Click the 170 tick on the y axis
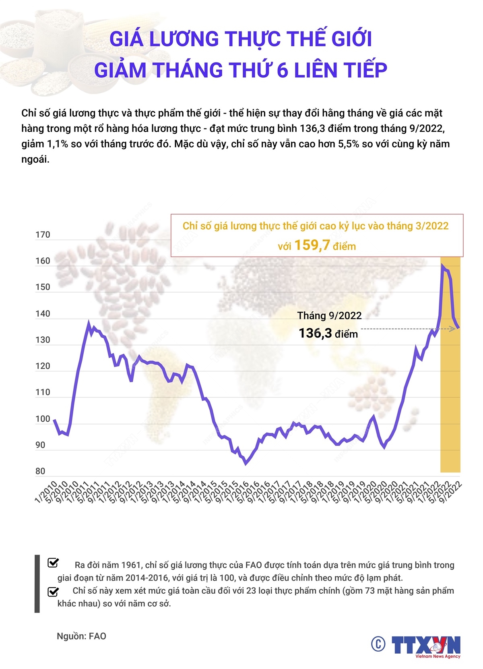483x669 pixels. pyautogui.click(x=43, y=235)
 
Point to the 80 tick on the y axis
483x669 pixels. pyautogui.click(x=40, y=471)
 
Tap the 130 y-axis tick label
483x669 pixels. pyautogui.click(x=43, y=340)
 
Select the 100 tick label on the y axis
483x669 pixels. pyautogui.click(x=43, y=419)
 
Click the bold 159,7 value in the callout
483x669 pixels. pyautogui.click(x=312, y=245)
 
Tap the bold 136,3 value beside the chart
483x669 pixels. pyautogui.click(x=315, y=333)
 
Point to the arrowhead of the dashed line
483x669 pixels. pyautogui.click(x=453, y=329)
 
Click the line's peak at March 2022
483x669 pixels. pyautogui.click(x=442, y=265)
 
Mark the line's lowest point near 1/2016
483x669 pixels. pyautogui.click(x=246, y=464)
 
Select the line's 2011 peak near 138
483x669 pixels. pyautogui.click(x=89, y=322)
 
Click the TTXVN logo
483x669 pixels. pyautogui.click(x=427, y=646)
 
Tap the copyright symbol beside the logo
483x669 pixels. pyautogui.click(x=378, y=644)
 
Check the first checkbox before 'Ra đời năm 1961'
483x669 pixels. pyautogui.click(x=53, y=563)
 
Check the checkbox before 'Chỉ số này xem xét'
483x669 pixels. pyautogui.click(x=53, y=591)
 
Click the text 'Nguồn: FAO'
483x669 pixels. pyautogui.click(x=81, y=636)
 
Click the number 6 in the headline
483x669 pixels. pyautogui.click(x=283, y=70)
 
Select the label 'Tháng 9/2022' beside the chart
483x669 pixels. pyautogui.click(x=329, y=315)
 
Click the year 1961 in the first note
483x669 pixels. pyautogui.click(x=132, y=565)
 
